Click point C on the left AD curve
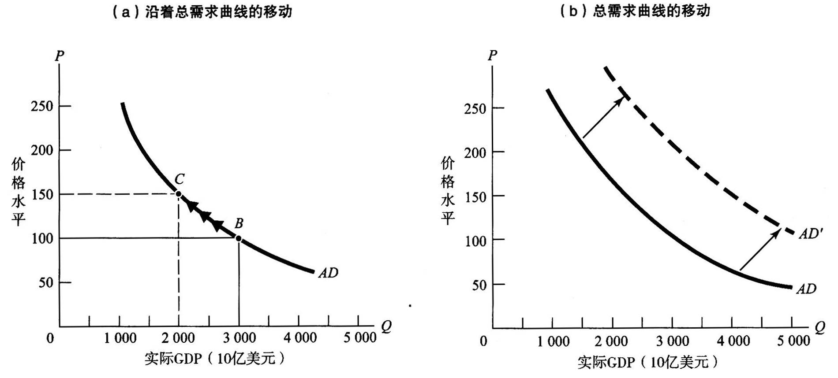coord(179,194)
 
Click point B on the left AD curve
coord(239,238)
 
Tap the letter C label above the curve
coord(180,179)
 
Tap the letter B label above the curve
coord(239,223)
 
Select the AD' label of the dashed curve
coord(811,234)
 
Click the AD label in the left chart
coord(328,273)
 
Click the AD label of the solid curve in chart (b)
coord(806,289)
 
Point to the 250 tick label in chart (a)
coord(42,106)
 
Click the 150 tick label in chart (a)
coord(42,194)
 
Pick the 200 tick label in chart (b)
coord(475,152)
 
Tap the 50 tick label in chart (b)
coord(479,285)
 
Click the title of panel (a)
coord(202,12)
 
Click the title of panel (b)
coord(635,11)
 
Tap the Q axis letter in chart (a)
coord(386,326)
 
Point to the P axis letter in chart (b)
coord(492,56)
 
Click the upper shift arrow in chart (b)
coord(604,117)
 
